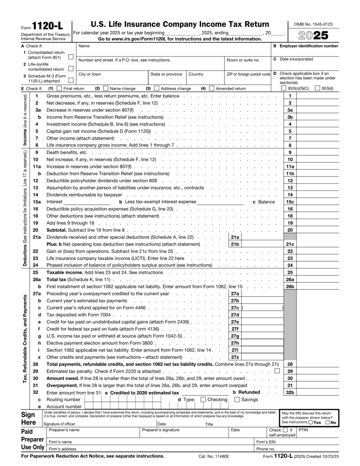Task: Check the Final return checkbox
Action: tap(57, 89)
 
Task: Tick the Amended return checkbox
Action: tap(211, 89)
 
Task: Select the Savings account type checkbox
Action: tap(237, 399)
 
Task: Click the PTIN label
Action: tap(303, 430)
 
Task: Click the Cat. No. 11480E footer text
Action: tap(214, 457)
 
